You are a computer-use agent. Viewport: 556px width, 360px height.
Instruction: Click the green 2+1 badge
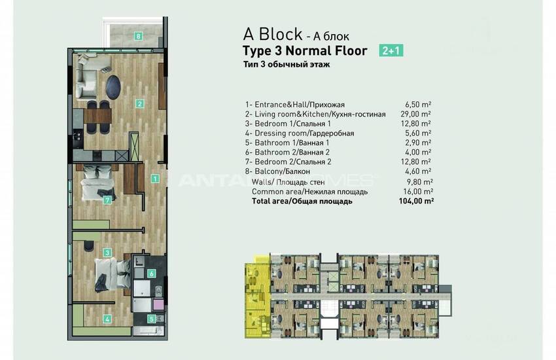click(x=391, y=50)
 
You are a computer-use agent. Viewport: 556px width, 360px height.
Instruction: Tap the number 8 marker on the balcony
click(x=138, y=36)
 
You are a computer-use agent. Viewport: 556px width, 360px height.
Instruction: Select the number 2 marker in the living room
click(x=139, y=103)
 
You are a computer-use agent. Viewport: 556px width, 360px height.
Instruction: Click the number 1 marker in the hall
click(x=154, y=178)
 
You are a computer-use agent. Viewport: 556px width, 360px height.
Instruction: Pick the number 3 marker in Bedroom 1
click(x=106, y=251)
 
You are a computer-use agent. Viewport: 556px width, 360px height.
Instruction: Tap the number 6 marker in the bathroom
click(x=151, y=274)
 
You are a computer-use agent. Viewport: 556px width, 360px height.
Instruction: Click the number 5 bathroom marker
click(x=151, y=319)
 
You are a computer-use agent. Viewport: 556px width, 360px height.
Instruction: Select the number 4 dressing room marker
click(x=107, y=319)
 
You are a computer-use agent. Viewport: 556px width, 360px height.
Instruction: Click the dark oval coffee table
click(x=114, y=85)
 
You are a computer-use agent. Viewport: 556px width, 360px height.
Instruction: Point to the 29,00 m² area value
click(x=418, y=114)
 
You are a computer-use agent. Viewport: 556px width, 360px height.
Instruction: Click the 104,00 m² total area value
click(x=416, y=202)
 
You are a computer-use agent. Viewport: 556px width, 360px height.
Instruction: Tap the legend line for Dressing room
click(x=300, y=134)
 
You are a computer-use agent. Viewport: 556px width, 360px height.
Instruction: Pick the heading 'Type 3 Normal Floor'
click(x=305, y=51)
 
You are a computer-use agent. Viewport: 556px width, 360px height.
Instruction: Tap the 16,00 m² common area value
click(x=418, y=192)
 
